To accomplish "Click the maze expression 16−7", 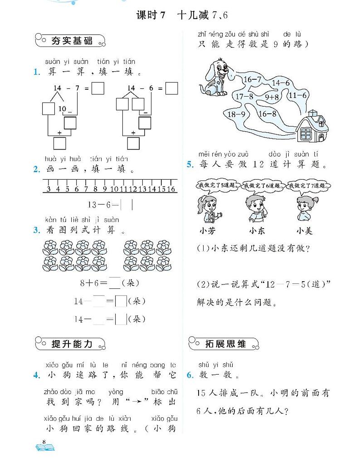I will [x=253, y=80].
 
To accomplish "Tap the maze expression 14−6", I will [x=281, y=83].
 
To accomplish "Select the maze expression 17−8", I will [x=244, y=96].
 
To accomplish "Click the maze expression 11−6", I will [x=298, y=95].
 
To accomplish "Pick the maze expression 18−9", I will [x=236, y=114].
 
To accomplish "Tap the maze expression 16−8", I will [x=267, y=114].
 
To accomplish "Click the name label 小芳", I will [x=207, y=230].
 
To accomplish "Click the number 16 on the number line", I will [x=171, y=189].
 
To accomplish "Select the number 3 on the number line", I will [x=48, y=189].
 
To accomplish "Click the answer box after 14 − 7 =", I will [x=98, y=88].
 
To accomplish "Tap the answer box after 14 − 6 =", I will [x=171, y=88].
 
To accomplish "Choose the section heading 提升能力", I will [x=72, y=344].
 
